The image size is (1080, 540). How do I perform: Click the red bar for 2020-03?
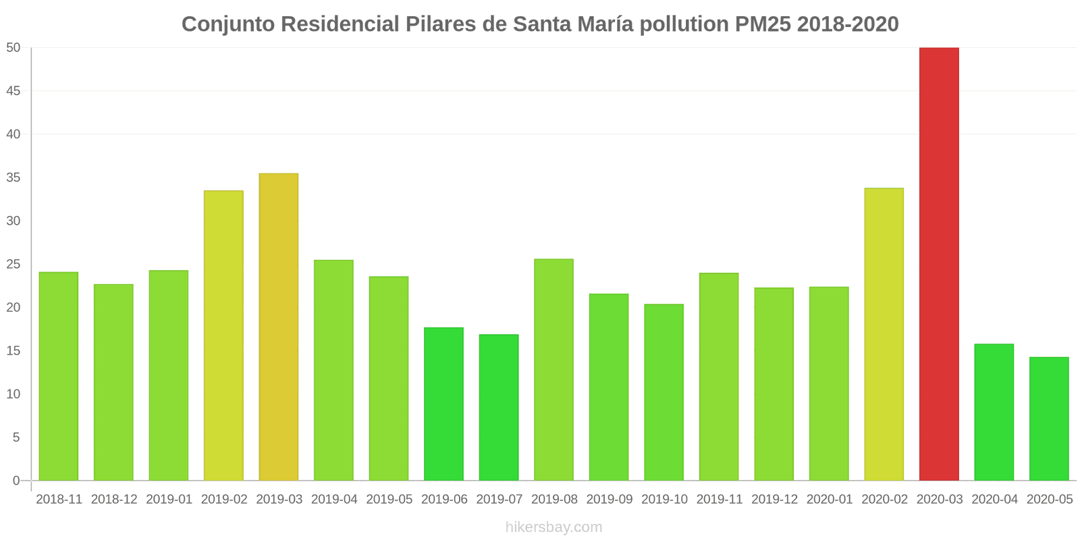pyautogui.click(x=939, y=264)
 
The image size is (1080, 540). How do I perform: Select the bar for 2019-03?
pyautogui.click(x=279, y=327)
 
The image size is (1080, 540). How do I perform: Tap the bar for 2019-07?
pyautogui.click(x=499, y=408)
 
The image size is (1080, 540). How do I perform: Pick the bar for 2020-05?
pyautogui.click(x=1049, y=418)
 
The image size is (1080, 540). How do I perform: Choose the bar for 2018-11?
pyautogui.click(x=59, y=377)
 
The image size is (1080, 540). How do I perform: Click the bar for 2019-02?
pyautogui.click(x=223, y=335)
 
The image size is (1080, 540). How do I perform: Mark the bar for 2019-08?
pyautogui.click(x=553, y=370)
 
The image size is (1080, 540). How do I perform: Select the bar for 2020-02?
pyautogui.click(x=884, y=334)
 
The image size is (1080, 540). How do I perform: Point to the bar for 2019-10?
pyautogui.click(x=664, y=392)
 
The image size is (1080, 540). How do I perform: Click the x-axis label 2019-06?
pyautogui.click(x=444, y=500)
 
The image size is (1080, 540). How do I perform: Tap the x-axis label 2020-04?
pyautogui.click(x=994, y=500)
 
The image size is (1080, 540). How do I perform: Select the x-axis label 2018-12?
pyautogui.click(x=114, y=500)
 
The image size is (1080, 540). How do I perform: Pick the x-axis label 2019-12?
pyautogui.click(x=774, y=500)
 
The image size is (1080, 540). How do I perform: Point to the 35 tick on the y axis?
pyautogui.click(x=14, y=178)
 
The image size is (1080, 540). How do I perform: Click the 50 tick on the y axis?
pyautogui.click(x=14, y=47)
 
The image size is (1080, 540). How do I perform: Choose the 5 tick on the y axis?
pyautogui.click(x=17, y=437)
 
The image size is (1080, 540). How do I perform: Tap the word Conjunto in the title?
pyautogui.click(x=228, y=24)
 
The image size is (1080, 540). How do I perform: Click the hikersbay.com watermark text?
pyautogui.click(x=553, y=527)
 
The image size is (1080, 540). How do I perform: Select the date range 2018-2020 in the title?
pyautogui.click(x=848, y=24)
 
